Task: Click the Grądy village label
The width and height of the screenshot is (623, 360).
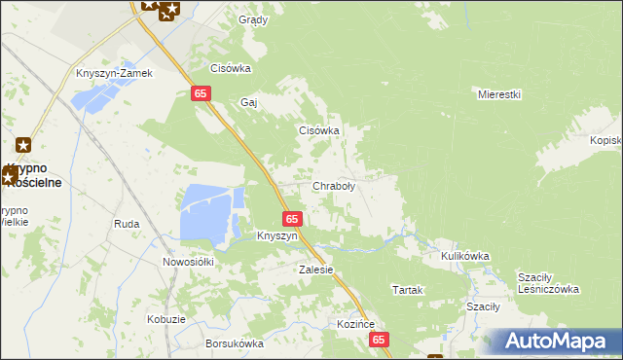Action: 253,19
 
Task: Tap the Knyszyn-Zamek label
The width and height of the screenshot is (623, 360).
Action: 116,73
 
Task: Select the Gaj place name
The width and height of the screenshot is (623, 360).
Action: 248,102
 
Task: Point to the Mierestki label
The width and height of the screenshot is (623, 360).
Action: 500,94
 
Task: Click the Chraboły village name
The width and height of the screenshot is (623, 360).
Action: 333,186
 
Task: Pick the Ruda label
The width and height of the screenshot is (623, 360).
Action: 127,224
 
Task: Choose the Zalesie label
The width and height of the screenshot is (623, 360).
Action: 316,270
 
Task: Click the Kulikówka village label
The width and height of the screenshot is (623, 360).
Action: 464,256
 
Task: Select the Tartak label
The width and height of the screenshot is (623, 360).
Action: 406,290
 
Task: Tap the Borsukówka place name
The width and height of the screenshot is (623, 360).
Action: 235,343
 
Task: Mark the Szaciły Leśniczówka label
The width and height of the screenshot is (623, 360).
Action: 548,282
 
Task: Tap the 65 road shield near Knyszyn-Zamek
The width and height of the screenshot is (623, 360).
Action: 199,92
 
